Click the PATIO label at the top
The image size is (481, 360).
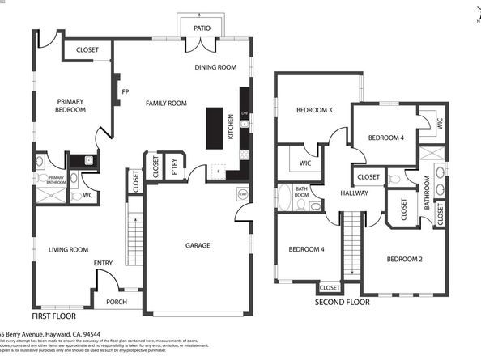(x=202, y=28)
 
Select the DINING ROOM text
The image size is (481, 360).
(x=215, y=67)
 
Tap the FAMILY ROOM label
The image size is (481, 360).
(x=166, y=103)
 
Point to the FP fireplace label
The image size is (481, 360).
(x=125, y=91)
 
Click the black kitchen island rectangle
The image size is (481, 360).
(x=215, y=128)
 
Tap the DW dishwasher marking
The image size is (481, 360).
(x=244, y=113)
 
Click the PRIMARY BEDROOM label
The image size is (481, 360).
(x=70, y=105)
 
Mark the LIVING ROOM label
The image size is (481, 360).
(x=68, y=250)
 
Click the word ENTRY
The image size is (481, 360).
(x=103, y=263)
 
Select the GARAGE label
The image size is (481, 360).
(x=198, y=245)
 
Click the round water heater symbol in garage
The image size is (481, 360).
(x=241, y=194)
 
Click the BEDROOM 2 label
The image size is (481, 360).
(x=405, y=259)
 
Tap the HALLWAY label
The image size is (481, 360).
(x=354, y=193)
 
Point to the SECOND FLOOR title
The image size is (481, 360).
(x=342, y=302)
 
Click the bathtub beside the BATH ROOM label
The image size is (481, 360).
(x=284, y=196)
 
